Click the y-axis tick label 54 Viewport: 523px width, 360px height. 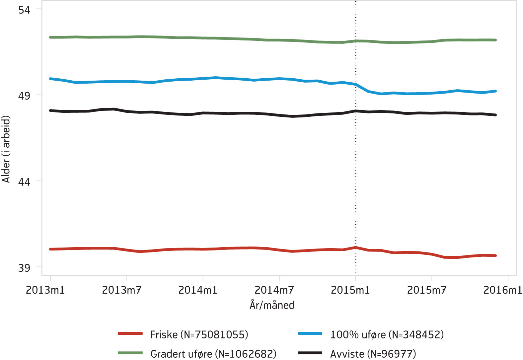pos(24,10)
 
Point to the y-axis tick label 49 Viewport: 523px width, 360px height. pos(24,96)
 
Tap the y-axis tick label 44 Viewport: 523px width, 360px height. pos(24,181)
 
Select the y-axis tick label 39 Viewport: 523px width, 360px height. pos(24,267)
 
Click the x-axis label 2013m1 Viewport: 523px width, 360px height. pos(45,290)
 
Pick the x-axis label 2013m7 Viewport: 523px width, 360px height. pos(121,290)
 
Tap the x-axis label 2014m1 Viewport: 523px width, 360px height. pos(198,290)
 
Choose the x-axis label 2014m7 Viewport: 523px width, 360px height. pos(274,290)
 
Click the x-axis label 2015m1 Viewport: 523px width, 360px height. pos(350,290)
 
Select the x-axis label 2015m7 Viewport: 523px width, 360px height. pos(427,290)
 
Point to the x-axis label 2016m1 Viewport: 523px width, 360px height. pos(503,290)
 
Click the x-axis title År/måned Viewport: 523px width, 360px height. pos(272,305)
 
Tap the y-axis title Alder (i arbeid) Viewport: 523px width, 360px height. pos(6,149)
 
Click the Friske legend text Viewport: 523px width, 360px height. pos(199,334)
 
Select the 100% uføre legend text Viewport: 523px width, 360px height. pos(387,334)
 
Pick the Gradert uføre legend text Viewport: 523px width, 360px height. pos(213,354)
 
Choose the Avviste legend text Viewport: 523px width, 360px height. pos(373,354)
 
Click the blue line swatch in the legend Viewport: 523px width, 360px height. pos(310,333)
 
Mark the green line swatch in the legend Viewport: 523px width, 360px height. pos(130,353)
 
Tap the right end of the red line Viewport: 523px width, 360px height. pos(495,255)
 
